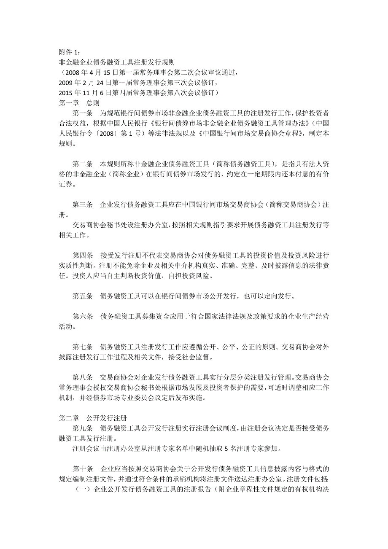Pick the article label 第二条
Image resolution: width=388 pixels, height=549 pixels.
click(x=82, y=163)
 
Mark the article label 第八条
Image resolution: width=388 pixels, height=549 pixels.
click(x=82, y=377)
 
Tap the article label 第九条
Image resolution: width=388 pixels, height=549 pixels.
click(x=82, y=428)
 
